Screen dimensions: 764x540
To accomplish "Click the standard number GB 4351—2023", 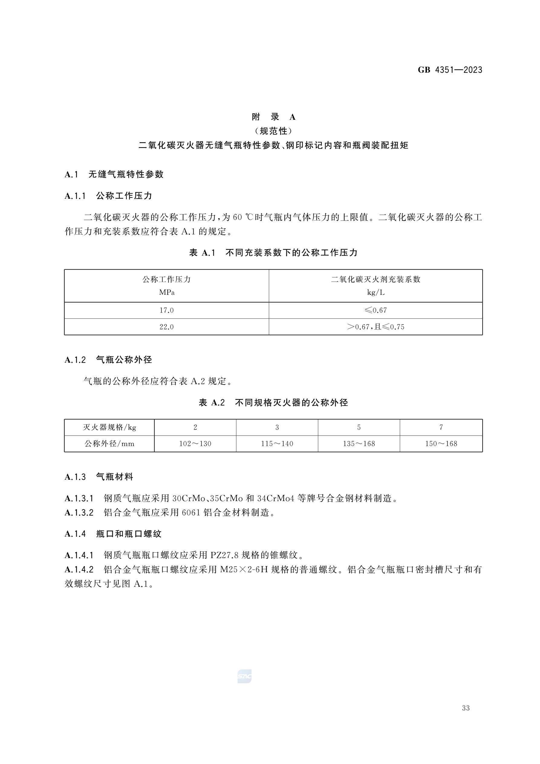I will click(450, 70).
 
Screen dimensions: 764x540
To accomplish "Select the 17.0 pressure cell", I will click(166, 310).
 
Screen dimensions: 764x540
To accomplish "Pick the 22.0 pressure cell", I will click(166, 327).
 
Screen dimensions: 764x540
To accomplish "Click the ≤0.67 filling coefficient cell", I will click(375, 310).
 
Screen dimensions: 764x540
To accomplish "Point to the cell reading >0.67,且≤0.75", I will click(375, 327).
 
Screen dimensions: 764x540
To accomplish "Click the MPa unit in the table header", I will click(167, 292).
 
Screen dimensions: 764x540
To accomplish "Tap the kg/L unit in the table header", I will click(376, 292).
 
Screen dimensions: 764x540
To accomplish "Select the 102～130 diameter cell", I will click(195, 444).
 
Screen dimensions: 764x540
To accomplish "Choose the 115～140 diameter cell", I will click(277, 444).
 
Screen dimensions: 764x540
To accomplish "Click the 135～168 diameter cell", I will click(359, 444).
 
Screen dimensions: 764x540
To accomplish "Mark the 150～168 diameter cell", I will click(441, 444).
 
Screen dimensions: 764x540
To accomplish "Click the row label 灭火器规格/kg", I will click(109, 427).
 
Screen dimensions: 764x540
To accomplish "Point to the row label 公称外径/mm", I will click(109, 444).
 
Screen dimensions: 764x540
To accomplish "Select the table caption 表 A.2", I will click(212, 403).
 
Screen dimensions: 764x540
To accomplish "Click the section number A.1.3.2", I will click(79, 512).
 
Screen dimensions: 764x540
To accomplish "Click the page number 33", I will click(466, 708).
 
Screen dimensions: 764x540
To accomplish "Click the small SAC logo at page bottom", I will click(244, 677).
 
